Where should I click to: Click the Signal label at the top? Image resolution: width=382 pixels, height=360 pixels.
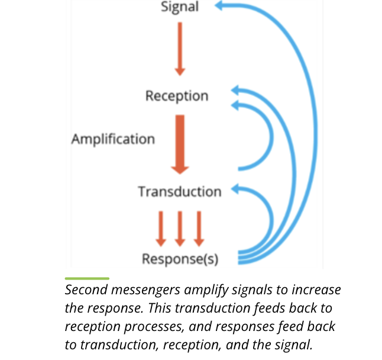[x=180, y=8]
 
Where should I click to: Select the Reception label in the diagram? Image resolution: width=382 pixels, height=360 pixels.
[x=177, y=95]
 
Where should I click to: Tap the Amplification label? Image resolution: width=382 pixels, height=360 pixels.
[x=113, y=139]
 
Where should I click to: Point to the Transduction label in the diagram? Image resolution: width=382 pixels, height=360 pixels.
[x=179, y=191]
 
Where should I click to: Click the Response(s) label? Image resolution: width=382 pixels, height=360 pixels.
[x=180, y=259]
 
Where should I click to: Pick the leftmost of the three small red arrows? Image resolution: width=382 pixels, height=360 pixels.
[x=160, y=228]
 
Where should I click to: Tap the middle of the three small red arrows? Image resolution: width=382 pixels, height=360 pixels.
[x=180, y=228]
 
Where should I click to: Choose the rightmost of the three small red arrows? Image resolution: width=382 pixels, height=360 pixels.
[x=199, y=228]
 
